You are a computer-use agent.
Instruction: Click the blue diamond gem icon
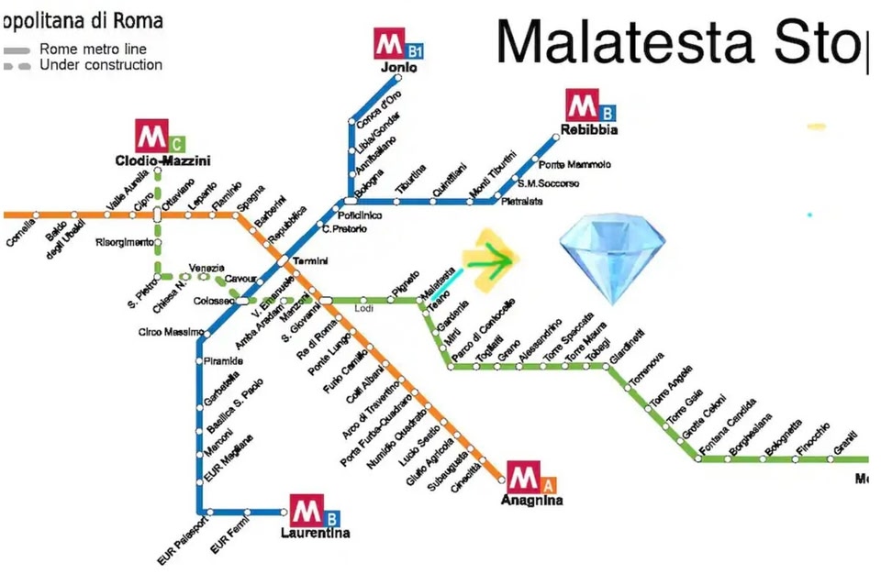[x=612, y=259]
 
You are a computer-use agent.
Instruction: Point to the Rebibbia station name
[x=590, y=129]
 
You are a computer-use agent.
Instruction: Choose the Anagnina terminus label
[x=531, y=500]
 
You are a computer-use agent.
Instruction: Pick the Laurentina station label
[x=315, y=532]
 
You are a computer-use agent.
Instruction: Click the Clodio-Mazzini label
[x=162, y=160]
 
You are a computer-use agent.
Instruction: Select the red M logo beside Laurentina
[x=307, y=509]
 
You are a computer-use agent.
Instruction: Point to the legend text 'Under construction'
[x=101, y=65]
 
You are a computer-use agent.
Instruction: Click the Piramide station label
[x=223, y=361]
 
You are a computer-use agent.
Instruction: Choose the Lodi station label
[x=363, y=309]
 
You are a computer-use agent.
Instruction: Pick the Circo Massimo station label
[x=164, y=332]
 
